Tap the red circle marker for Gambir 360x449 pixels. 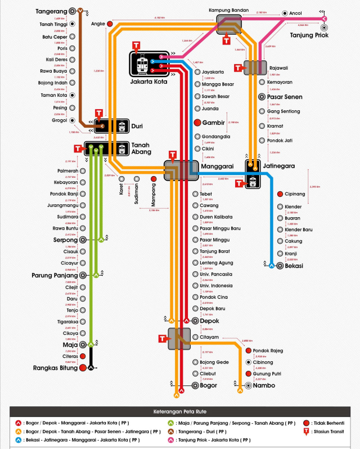tap(197, 123)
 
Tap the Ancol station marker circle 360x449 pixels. tap(285, 13)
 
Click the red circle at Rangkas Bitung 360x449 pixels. tap(83, 368)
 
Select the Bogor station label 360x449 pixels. tap(209, 385)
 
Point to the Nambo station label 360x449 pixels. tap(264, 386)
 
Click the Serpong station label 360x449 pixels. tap(65, 239)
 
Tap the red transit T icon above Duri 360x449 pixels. tap(100, 114)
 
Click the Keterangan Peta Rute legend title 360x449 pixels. tap(179, 412)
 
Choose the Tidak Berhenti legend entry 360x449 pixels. tap(329, 422)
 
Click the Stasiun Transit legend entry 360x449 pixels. tap(329, 433)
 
